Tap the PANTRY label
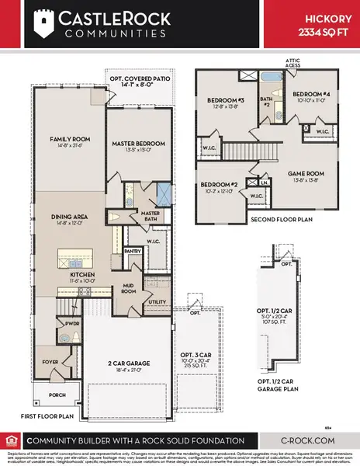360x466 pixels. click(132, 251)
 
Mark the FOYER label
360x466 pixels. click(50, 360)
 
